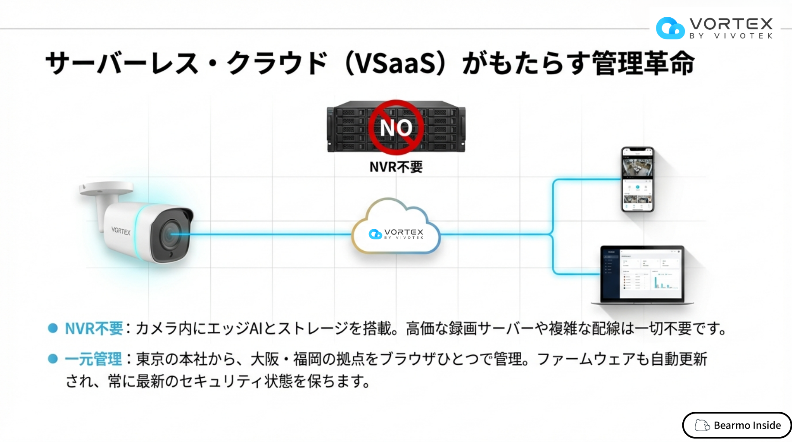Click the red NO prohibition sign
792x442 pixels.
click(396, 127)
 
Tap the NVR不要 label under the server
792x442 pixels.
click(396, 167)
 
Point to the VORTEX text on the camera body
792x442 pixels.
click(121, 231)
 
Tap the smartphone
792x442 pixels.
click(637, 179)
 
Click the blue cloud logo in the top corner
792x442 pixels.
click(670, 28)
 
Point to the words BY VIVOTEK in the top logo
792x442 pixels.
click(731, 36)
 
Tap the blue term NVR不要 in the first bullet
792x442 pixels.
click(94, 328)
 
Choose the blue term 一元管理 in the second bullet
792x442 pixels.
click(93, 359)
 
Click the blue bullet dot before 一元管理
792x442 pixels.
click(53, 359)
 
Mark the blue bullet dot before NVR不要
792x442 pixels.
click(53, 328)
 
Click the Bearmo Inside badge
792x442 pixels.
click(737, 425)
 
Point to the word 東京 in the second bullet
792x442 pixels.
click(150, 359)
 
